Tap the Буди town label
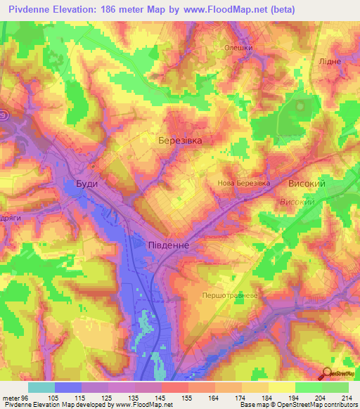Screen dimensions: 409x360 (86, 183)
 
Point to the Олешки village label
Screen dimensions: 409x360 (238, 48)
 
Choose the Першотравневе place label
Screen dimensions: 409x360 (231, 295)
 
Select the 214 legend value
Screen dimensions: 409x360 (348, 397)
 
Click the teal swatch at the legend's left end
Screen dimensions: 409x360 (41, 387)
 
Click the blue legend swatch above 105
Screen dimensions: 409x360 (68, 387)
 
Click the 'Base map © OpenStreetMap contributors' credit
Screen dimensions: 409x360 (298, 405)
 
